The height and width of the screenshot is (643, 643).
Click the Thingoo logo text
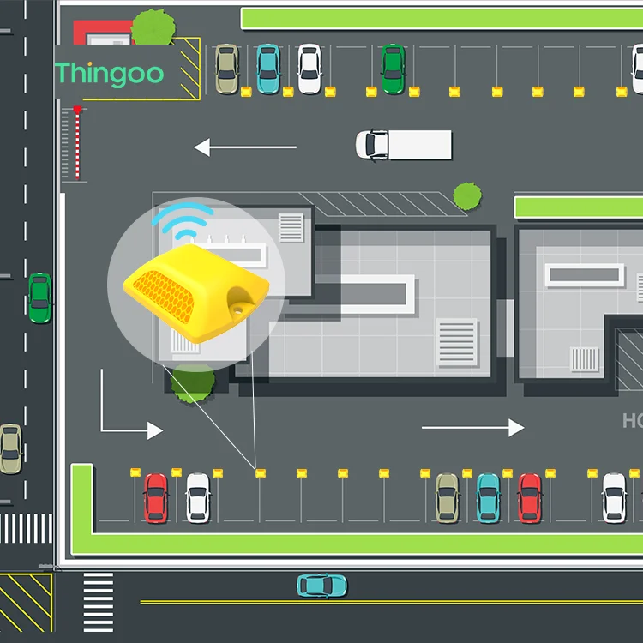point(109,74)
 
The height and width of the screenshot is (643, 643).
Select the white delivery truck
point(403,145)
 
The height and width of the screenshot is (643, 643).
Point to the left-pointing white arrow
point(245,147)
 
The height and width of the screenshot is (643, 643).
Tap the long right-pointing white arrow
point(472,427)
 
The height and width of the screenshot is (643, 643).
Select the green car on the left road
point(39,297)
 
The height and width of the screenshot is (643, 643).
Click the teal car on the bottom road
point(321,586)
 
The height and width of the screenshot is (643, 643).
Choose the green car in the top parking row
point(393,69)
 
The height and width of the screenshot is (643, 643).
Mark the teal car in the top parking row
point(268,69)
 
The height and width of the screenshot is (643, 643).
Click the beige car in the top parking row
point(226,69)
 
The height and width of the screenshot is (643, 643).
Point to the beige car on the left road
point(10,448)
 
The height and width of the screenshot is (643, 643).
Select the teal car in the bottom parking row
point(488,497)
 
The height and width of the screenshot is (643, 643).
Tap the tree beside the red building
point(154,27)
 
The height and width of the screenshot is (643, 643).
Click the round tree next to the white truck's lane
point(467,195)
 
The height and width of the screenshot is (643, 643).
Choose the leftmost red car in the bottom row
point(156,497)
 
